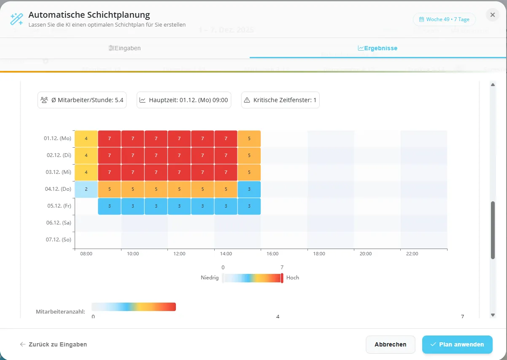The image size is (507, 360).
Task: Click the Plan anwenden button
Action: click(457, 344)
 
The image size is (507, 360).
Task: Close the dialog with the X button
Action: click(492, 15)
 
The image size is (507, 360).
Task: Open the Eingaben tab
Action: click(124, 48)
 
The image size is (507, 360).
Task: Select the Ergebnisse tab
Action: click(378, 48)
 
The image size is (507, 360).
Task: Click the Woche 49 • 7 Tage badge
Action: click(444, 19)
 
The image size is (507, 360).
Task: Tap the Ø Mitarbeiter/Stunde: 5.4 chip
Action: click(82, 100)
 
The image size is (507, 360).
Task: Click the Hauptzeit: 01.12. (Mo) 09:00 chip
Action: click(183, 100)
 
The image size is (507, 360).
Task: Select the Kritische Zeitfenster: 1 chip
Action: click(280, 100)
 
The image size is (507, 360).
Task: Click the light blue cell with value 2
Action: click(86, 189)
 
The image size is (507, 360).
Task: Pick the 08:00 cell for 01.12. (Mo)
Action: click(86, 138)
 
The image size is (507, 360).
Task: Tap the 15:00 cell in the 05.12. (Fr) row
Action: click(249, 206)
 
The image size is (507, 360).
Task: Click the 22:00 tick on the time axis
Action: click(412, 254)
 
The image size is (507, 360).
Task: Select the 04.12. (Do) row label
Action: click(57, 189)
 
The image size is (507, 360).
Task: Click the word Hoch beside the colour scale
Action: click(293, 278)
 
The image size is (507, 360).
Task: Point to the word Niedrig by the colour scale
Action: click(210, 278)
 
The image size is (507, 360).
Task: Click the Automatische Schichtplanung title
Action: click(89, 15)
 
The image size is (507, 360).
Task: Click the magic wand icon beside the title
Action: click(17, 19)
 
